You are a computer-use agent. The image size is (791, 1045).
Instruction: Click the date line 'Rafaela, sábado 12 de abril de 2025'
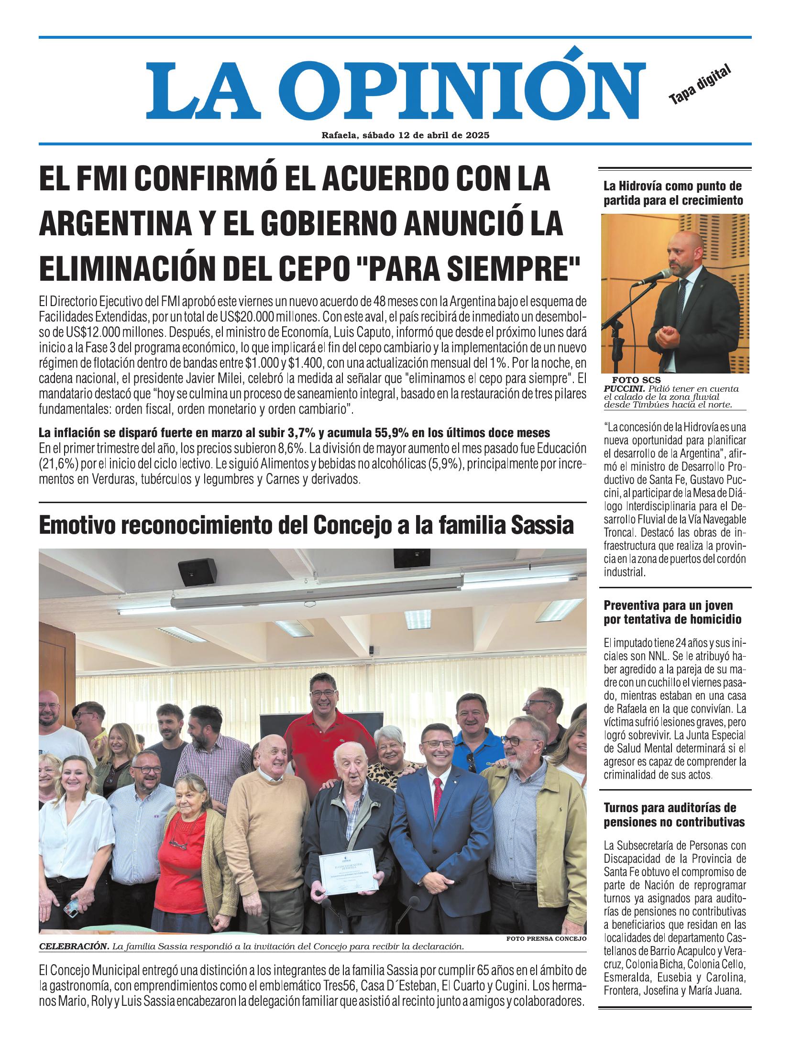[405, 135]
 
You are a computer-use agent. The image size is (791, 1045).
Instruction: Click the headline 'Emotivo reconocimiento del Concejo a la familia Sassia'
[306, 526]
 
